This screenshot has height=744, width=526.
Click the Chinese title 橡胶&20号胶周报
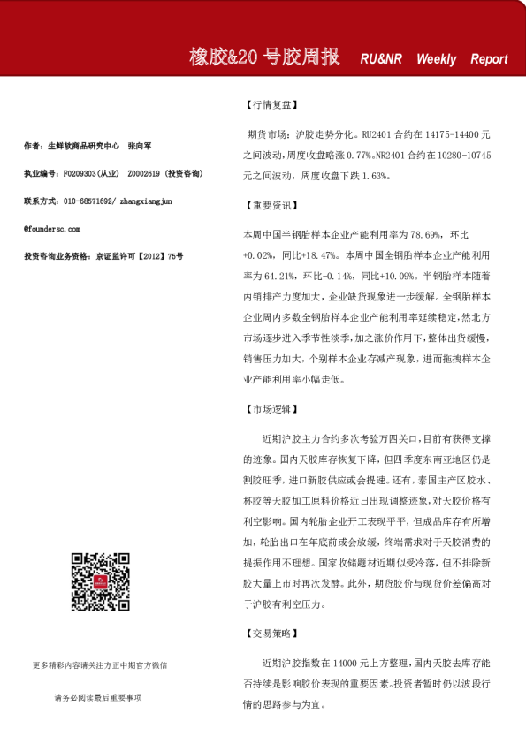point(264,57)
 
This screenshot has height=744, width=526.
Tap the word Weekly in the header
point(437,59)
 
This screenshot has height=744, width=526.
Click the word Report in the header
point(489,59)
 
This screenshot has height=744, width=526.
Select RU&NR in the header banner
point(381,59)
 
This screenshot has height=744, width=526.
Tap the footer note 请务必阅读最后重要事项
point(99,698)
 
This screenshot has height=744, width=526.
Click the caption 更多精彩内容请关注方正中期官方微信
point(99,664)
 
